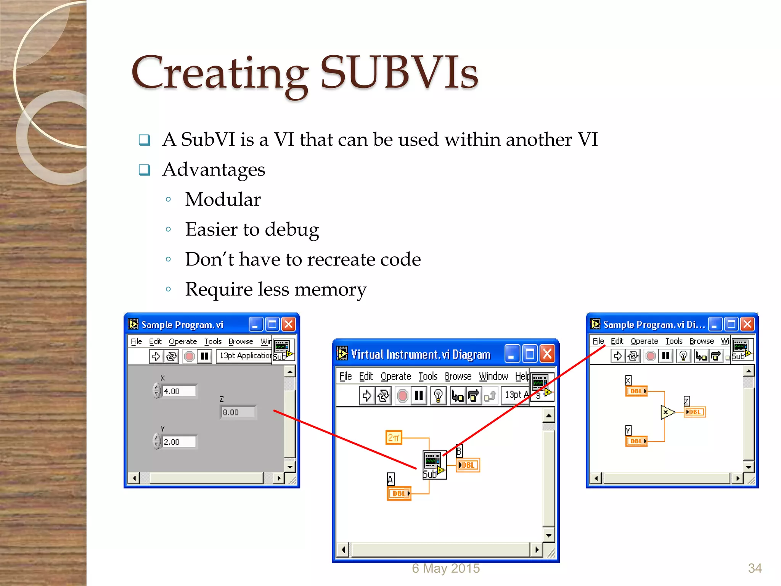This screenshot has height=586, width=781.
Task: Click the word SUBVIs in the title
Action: [399, 72]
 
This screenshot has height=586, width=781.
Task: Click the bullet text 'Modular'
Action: [223, 200]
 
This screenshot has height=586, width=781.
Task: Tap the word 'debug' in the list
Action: [292, 230]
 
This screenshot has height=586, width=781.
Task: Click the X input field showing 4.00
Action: [178, 391]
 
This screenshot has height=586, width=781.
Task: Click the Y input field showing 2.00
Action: [178, 442]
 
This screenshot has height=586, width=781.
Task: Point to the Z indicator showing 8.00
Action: [238, 412]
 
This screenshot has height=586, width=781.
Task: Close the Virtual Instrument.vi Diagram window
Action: [547, 354]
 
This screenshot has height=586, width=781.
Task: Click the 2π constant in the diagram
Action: [394, 438]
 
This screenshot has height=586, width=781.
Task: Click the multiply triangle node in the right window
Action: [667, 412]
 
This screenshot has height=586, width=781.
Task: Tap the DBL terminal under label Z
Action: [695, 412]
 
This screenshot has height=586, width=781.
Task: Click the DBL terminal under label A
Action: [399, 493]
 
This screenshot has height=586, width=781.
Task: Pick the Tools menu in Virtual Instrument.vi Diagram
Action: [427, 377]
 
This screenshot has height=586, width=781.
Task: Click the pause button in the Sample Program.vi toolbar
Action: [204, 356]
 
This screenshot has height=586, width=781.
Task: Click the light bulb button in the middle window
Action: [438, 396]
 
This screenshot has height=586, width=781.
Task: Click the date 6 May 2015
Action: [445, 568]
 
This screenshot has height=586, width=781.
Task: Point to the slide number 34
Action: [755, 568]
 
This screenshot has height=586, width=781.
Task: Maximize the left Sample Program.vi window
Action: [272, 325]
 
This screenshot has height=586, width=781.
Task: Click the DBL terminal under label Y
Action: [636, 441]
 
